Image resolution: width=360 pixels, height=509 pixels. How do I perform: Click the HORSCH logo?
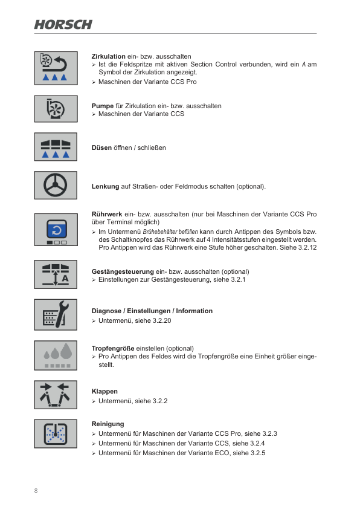click(63, 24)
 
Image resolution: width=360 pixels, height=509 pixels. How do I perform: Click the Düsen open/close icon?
click(56, 147)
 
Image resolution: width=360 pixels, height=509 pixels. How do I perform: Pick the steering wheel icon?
click(56, 185)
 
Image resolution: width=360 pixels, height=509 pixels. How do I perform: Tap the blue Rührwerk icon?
click(56, 230)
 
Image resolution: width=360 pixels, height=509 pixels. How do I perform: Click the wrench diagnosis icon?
click(56, 315)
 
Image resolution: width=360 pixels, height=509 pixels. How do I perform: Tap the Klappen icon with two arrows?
click(56, 395)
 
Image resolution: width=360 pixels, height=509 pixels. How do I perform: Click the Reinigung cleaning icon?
click(56, 433)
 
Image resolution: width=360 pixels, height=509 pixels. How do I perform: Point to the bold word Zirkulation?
click(108, 56)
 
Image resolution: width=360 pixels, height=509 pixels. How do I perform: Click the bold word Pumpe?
click(102, 106)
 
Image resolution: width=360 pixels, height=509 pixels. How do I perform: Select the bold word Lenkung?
click(105, 186)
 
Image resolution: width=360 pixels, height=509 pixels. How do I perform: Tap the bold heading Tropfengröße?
click(113, 348)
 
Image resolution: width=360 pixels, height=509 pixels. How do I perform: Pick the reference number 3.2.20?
click(162, 320)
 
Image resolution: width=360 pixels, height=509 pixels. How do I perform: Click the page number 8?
click(36, 490)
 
